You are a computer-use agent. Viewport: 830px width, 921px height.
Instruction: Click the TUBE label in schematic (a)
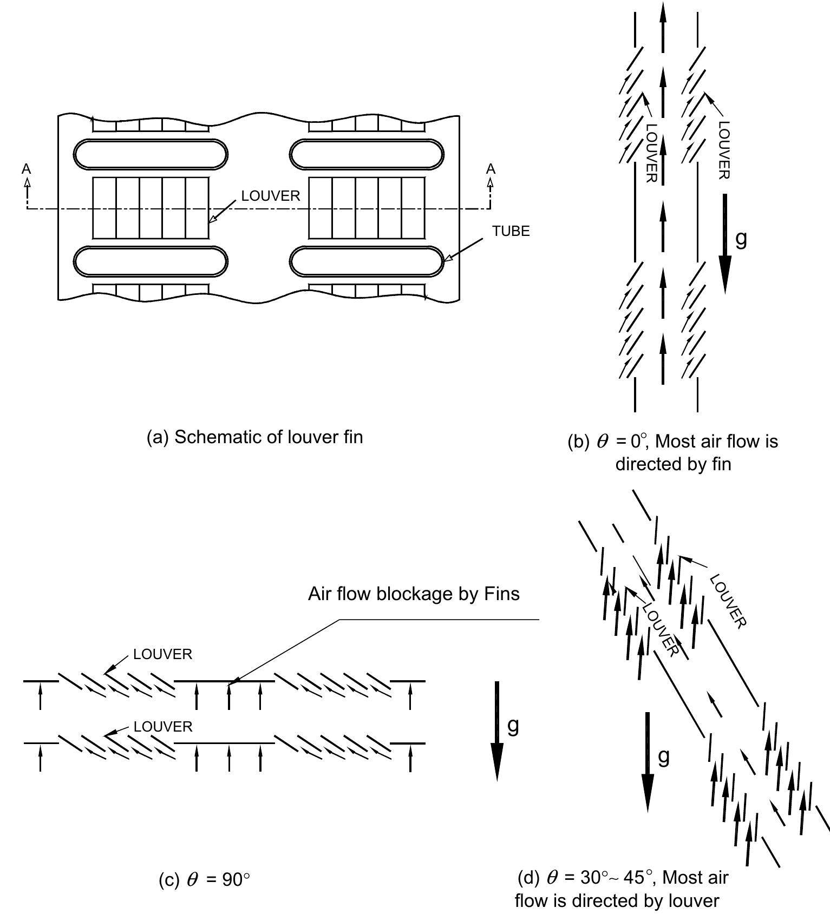(x=511, y=232)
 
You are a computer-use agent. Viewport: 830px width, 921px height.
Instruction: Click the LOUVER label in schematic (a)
(x=270, y=196)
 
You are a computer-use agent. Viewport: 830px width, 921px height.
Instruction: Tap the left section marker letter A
(x=26, y=169)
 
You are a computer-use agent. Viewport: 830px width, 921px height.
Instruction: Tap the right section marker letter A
(x=491, y=169)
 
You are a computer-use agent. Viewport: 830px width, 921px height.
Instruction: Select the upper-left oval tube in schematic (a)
(x=151, y=154)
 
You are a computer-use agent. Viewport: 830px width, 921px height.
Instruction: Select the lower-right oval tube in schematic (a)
(x=367, y=261)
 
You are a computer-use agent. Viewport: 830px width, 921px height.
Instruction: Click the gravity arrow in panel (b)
(x=726, y=244)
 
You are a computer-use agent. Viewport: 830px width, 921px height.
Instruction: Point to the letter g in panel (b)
(x=741, y=238)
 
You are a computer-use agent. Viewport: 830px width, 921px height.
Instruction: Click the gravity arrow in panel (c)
(x=497, y=731)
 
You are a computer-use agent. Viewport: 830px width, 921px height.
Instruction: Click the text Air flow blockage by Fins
(x=414, y=594)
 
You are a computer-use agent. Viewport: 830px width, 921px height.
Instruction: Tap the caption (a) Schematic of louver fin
(x=254, y=437)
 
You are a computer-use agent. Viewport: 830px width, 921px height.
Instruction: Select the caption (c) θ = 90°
(x=204, y=880)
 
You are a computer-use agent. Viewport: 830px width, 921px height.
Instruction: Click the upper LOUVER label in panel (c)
(x=162, y=654)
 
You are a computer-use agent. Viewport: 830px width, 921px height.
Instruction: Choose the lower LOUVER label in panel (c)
(x=163, y=726)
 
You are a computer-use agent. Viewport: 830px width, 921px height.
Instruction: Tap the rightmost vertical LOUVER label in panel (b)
(x=724, y=150)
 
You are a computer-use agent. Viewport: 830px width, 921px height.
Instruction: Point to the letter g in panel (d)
(x=663, y=756)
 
